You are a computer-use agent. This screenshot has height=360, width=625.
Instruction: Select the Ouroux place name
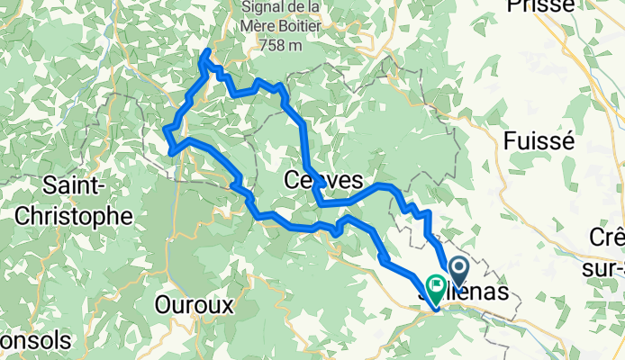click(x=195, y=305)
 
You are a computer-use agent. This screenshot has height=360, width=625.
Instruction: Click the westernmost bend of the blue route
click(x=167, y=132)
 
